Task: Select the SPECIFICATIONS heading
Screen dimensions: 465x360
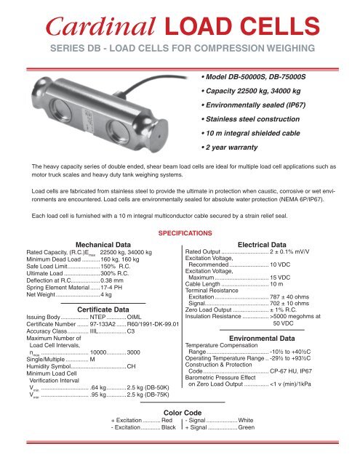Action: tap(179, 233)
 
